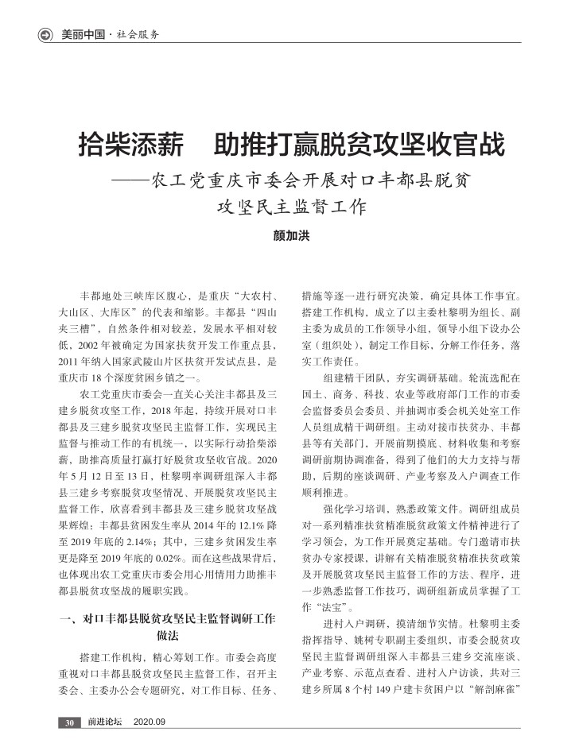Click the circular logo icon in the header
click(45, 34)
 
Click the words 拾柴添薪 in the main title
click(128, 146)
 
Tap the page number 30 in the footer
click(69, 722)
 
